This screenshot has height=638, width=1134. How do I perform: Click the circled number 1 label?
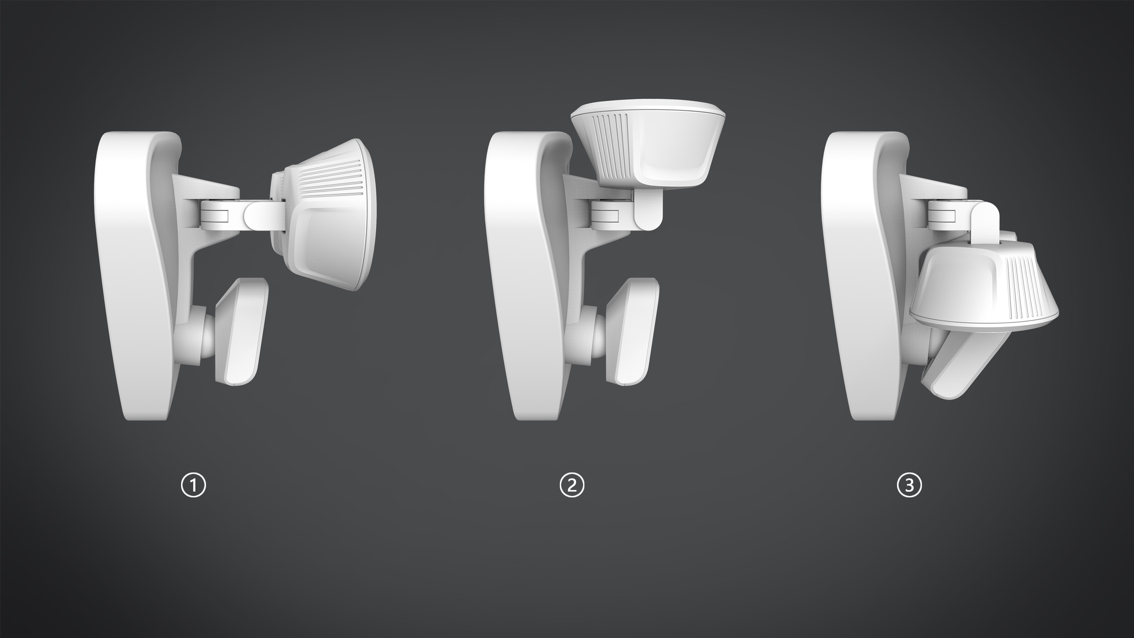(x=194, y=485)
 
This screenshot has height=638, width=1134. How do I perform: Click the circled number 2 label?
(x=572, y=485)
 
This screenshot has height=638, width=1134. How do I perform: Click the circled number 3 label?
(x=909, y=485)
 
